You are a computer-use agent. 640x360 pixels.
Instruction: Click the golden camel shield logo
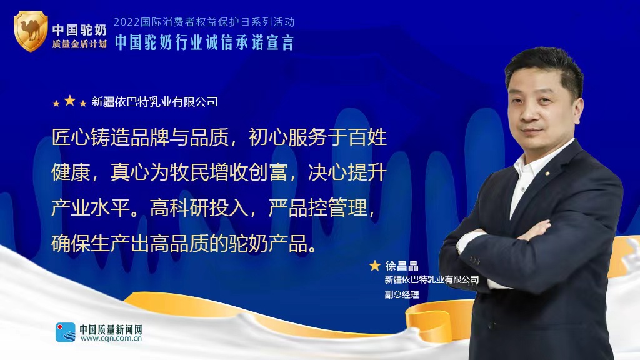pos(31,31)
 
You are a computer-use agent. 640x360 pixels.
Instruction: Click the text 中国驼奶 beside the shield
pos(79,30)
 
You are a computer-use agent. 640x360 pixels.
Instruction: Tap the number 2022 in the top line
pos(126,22)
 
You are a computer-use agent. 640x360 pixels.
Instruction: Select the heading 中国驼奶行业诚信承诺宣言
pos(204,43)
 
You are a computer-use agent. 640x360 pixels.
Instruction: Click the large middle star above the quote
pos(70,100)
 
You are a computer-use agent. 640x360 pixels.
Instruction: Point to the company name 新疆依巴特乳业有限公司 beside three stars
pos(155,102)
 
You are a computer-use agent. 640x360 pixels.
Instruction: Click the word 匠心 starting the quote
pos(71,137)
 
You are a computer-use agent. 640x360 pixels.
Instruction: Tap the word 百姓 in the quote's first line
pos(367,137)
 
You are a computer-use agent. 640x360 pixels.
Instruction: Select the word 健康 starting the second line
pos(71,172)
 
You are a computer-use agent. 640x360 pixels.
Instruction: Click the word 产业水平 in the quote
pos(91,207)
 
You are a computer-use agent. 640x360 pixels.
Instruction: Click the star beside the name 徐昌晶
pos(375,266)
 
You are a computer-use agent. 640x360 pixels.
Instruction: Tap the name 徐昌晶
pos(402,266)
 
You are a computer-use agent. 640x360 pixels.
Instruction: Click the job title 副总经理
pos(402,294)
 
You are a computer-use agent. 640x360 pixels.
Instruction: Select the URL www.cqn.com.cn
pos(111,338)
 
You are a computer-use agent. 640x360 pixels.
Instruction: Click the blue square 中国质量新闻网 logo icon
pos(66,332)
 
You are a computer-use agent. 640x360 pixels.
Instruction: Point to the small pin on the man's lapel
pos(547,173)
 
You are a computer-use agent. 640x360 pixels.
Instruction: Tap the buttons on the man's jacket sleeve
pos(474,259)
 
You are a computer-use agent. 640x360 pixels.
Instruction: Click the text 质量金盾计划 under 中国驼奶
pos(79,44)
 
